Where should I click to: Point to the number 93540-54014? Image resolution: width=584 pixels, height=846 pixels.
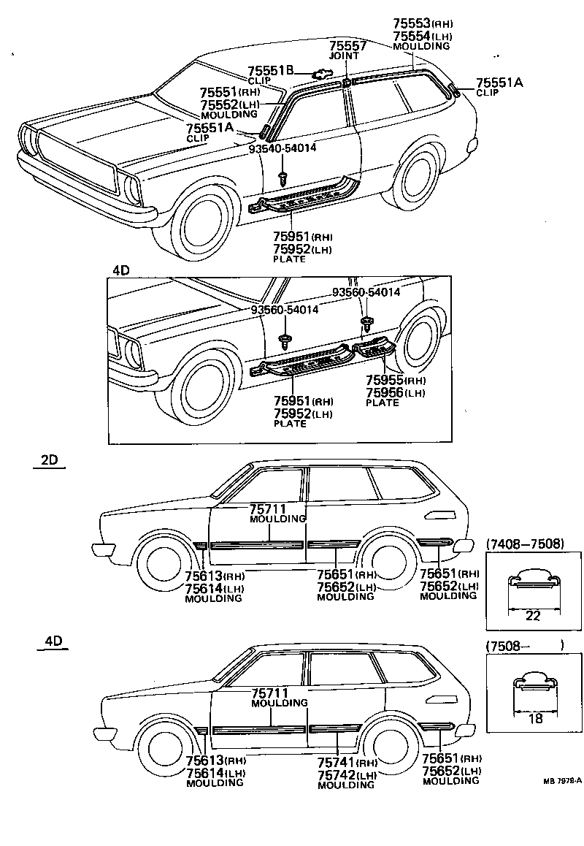(283, 148)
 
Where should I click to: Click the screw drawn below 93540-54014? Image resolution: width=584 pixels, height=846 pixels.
(283, 177)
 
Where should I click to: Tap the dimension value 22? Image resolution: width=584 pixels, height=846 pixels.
(533, 615)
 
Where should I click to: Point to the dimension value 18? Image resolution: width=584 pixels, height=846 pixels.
(534, 718)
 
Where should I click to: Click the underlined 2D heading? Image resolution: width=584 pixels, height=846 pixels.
(49, 461)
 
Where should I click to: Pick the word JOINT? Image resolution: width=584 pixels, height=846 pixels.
(343, 56)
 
